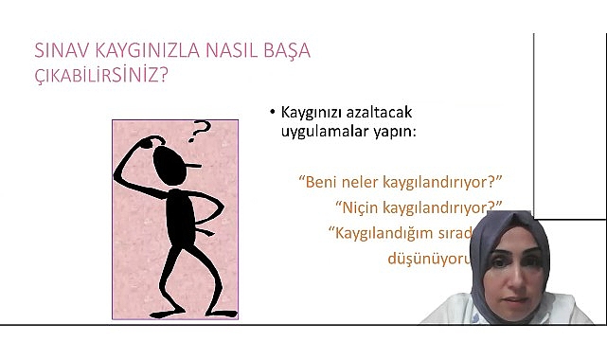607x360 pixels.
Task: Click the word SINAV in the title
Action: tap(60, 50)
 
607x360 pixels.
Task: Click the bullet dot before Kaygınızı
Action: tap(272, 113)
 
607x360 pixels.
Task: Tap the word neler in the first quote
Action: tap(366, 180)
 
